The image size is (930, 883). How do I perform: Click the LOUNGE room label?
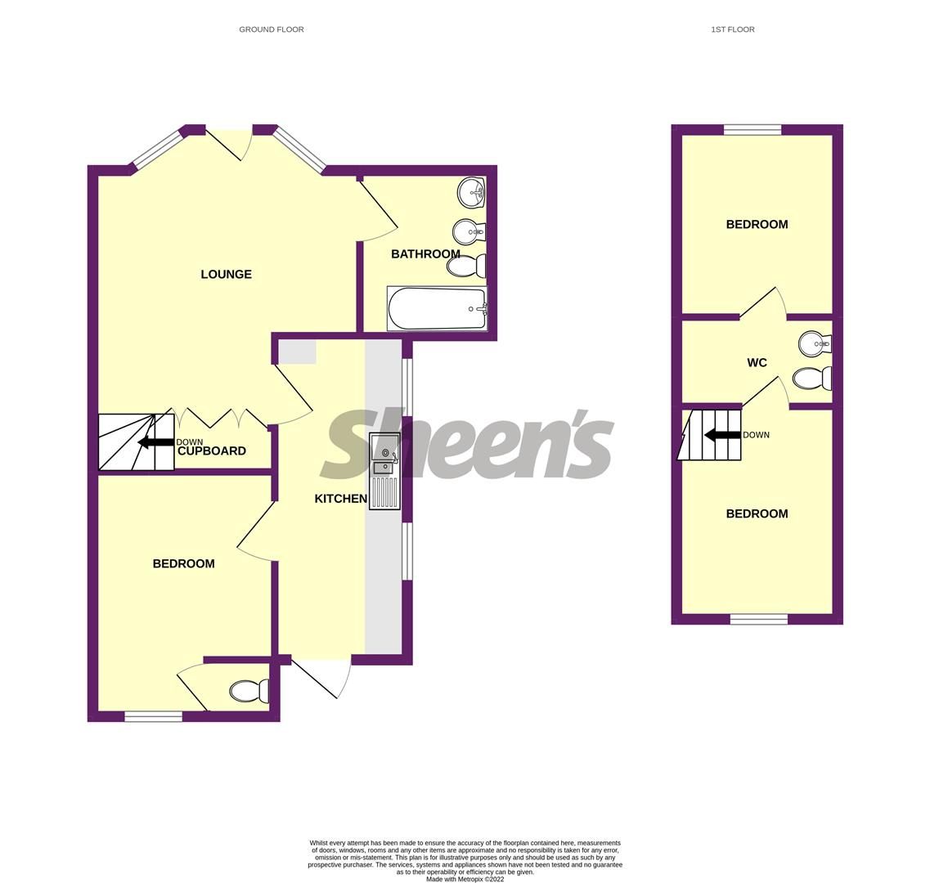click(226, 275)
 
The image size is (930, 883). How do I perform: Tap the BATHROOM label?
click(425, 254)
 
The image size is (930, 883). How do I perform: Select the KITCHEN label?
click(340, 499)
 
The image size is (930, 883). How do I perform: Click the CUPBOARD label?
click(212, 451)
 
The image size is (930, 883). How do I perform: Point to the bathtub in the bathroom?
click(437, 309)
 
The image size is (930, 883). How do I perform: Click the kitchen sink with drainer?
click(384, 472)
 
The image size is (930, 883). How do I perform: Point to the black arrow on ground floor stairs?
click(155, 442)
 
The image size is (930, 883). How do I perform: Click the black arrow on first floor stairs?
click(722, 435)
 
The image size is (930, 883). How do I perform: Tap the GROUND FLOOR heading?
click(271, 29)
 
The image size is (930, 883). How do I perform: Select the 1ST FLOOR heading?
click(732, 29)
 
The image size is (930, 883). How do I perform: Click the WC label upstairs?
click(757, 363)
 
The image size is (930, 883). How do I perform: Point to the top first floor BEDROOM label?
click(757, 225)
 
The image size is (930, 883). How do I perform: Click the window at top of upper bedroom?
click(753, 129)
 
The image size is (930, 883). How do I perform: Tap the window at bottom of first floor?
click(759, 620)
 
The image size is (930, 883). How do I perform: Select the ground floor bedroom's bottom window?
click(153, 717)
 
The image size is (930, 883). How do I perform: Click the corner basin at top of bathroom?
click(471, 193)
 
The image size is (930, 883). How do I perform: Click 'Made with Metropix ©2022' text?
click(465, 880)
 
